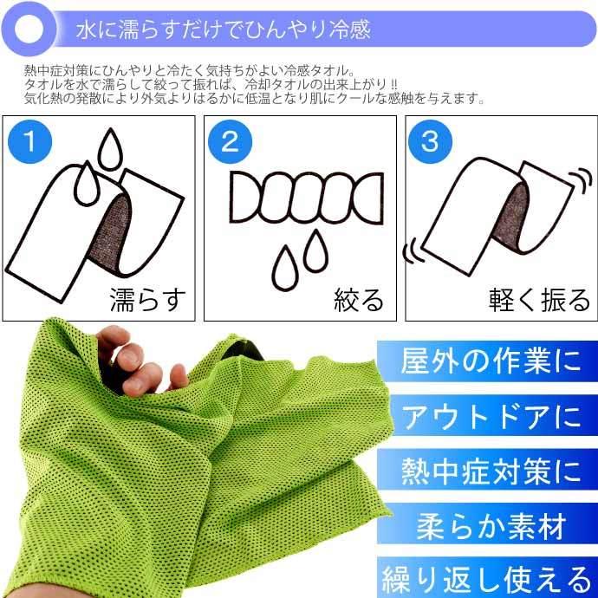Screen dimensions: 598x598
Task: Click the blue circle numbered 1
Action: (x=30, y=141)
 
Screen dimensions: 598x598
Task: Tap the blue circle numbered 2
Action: (x=230, y=141)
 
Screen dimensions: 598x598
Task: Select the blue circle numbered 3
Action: (x=430, y=141)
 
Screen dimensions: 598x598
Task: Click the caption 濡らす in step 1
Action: (x=147, y=299)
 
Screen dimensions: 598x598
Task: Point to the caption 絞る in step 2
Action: (x=359, y=299)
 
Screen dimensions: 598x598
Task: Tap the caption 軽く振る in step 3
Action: (x=538, y=299)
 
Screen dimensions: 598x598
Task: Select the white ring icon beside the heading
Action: (x=31, y=29)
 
